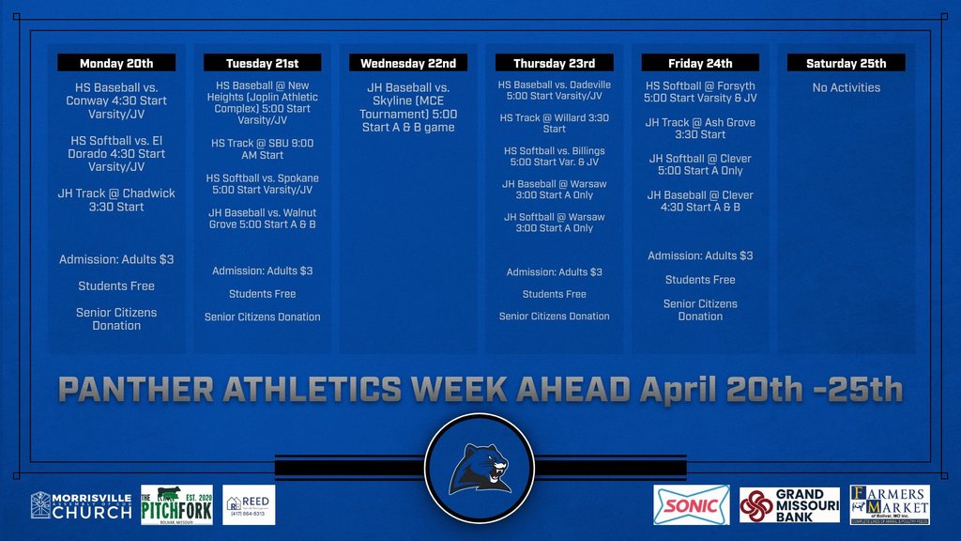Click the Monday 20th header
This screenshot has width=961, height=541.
click(x=116, y=63)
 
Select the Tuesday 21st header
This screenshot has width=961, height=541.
click(x=263, y=63)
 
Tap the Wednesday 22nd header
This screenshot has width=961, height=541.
click(x=408, y=63)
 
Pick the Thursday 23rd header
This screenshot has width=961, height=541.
click(x=555, y=63)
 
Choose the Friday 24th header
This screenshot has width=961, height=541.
click(x=700, y=63)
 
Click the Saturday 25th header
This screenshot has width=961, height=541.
click(x=847, y=63)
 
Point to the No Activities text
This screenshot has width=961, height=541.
click(x=847, y=87)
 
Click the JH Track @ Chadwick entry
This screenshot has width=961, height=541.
click(x=116, y=199)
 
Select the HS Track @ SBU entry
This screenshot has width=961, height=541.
click(x=263, y=148)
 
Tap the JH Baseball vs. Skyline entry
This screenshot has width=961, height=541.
click(x=408, y=107)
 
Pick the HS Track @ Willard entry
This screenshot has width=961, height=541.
click(x=555, y=123)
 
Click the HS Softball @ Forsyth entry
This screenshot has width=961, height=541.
click(x=700, y=91)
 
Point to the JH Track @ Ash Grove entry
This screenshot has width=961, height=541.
click(x=700, y=129)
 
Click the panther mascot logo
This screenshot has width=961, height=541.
click(x=480, y=469)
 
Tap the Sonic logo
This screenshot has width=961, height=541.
click(x=692, y=505)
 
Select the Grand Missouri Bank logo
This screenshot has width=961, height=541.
click(x=789, y=505)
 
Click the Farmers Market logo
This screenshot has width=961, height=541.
click(x=890, y=505)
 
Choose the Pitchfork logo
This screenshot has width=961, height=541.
click(x=176, y=505)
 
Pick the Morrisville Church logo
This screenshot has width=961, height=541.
click(x=82, y=505)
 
